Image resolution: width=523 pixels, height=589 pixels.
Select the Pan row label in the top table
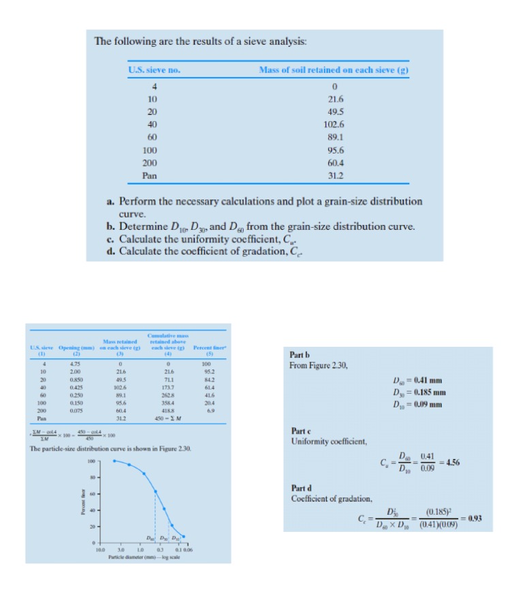tap(149, 175)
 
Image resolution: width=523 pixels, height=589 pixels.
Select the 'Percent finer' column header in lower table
tap(203, 348)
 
